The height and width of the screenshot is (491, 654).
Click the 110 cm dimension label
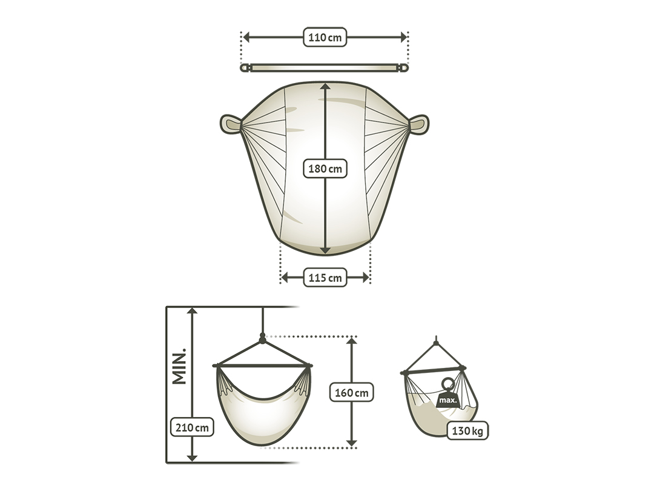(325, 37)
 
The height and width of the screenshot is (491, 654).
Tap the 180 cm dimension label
(325, 169)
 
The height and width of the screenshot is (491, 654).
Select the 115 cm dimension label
(325, 278)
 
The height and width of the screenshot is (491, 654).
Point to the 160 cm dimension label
(352, 392)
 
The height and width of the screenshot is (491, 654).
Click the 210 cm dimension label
(192, 427)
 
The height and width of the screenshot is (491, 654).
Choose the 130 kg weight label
(467, 430)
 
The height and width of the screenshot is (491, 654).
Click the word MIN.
(179, 366)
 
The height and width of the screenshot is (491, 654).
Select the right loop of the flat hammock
(418, 124)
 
